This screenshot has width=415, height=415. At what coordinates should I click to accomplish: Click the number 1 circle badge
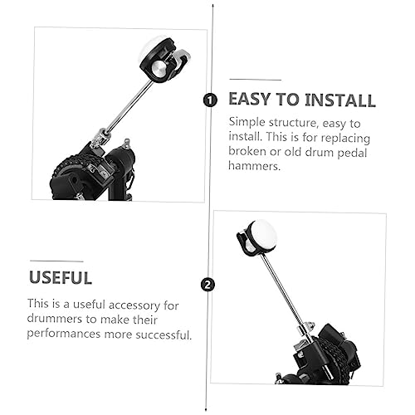click(x=210, y=100)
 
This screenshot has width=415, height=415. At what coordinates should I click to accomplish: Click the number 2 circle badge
click(x=207, y=285)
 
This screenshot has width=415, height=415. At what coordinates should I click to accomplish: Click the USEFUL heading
click(x=61, y=277)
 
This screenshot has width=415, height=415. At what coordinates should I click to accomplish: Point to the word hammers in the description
click(x=254, y=166)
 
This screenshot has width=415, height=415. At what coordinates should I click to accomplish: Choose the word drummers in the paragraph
click(x=54, y=319)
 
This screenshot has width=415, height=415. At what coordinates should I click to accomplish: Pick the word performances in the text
click(x=64, y=334)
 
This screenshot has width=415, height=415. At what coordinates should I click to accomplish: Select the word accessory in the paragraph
click(x=134, y=305)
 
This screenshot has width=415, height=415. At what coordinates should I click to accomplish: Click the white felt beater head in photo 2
click(x=262, y=234)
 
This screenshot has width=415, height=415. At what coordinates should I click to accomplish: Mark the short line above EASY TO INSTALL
click(x=255, y=80)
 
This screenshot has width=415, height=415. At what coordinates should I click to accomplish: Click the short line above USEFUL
click(x=56, y=261)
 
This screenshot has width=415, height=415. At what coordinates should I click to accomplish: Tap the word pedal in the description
click(x=352, y=153)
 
